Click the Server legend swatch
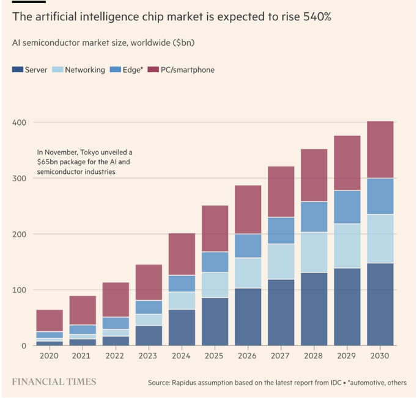coord(17,70)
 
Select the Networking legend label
coord(84,70)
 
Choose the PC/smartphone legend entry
coord(187,70)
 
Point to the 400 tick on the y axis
coord(20,122)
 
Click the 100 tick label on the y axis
coord(20,290)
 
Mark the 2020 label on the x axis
coord(50,356)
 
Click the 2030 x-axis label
coord(380,356)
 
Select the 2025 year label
coord(215,356)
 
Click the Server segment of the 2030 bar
coord(380,304)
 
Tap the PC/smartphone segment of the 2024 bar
coord(182,254)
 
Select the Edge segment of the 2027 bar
coord(281,230)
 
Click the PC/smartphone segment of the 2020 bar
coord(50,321)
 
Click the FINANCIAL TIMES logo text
coord(54,381)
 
